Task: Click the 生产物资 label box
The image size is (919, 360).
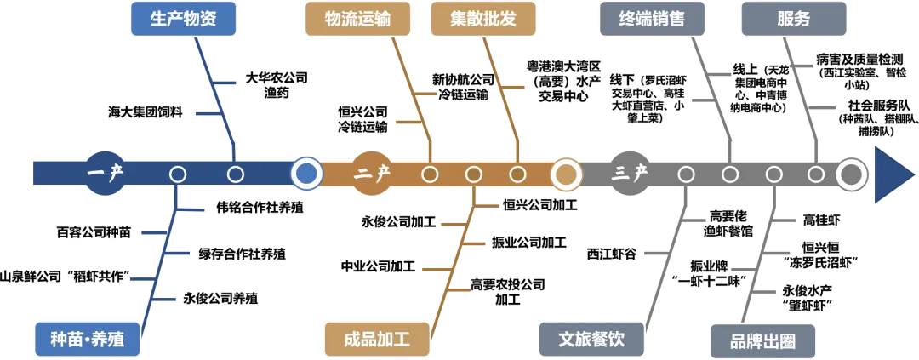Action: (x=182, y=20)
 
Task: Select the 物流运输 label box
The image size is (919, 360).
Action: (x=357, y=20)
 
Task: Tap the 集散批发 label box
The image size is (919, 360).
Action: (x=483, y=20)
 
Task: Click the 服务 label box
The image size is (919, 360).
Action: (x=793, y=20)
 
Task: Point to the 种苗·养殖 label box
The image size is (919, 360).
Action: (x=87, y=339)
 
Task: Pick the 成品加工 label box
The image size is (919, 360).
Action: (x=376, y=339)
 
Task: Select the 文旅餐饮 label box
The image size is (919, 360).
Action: (x=591, y=339)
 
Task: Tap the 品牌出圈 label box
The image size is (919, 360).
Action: (x=762, y=341)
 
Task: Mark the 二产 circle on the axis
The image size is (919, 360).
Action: (x=372, y=174)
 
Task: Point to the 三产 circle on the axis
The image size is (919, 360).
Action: (x=631, y=174)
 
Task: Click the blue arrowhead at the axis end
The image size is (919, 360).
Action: (x=892, y=174)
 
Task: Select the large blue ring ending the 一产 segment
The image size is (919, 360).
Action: (x=306, y=174)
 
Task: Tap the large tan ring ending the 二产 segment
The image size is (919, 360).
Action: (x=565, y=174)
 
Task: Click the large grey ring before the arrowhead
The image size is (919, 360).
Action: (x=851, y=174)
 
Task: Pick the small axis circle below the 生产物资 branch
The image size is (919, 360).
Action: (x=236, y=174)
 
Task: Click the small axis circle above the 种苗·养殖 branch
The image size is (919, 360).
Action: (x=178, y=174)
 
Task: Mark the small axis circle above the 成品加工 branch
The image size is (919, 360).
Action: (x=474, y=174)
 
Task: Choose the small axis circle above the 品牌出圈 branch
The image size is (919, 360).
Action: (x=773, y=174)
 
